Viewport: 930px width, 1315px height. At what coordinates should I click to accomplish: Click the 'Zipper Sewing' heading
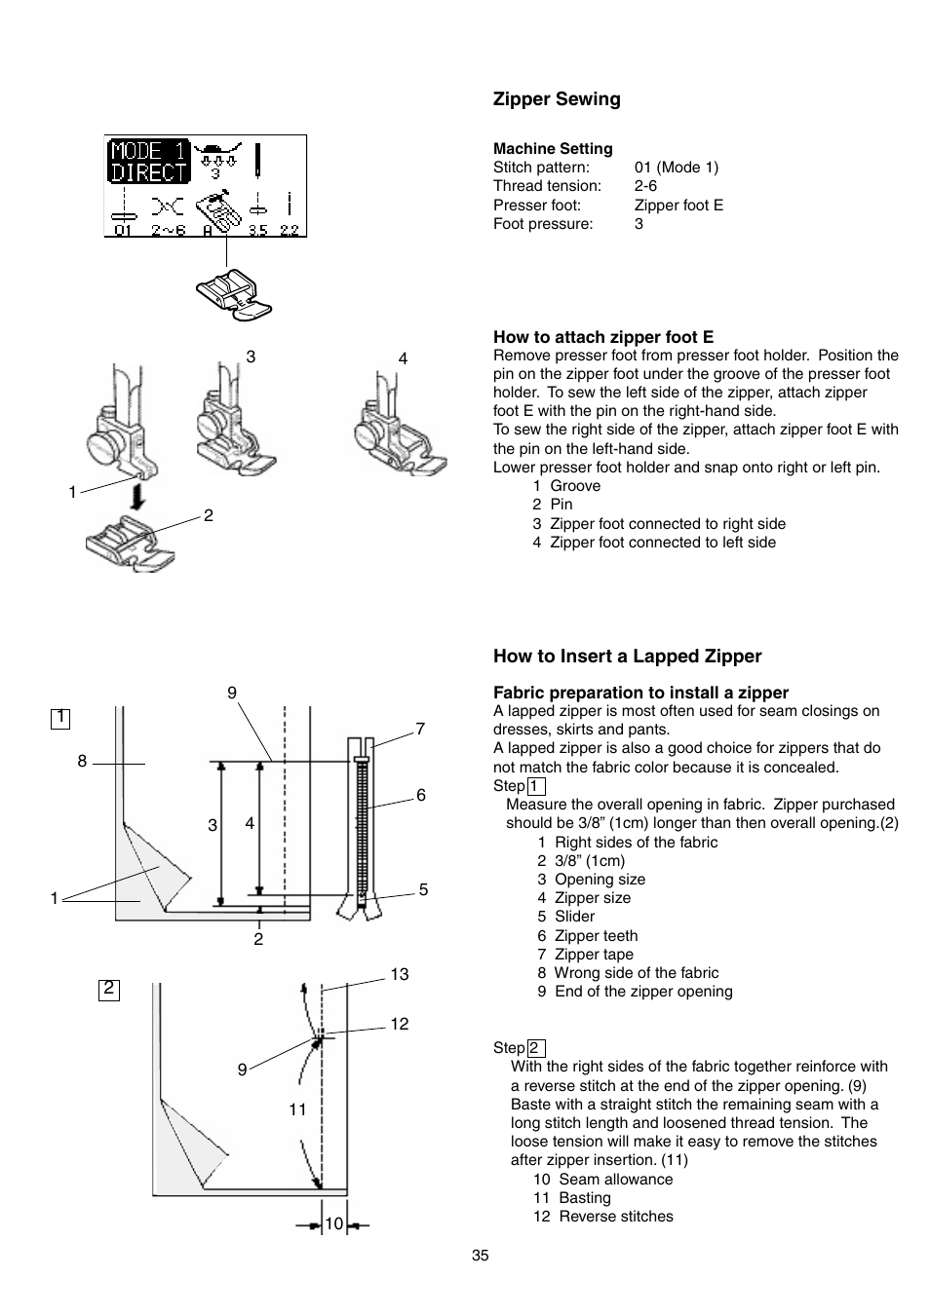(556, 99)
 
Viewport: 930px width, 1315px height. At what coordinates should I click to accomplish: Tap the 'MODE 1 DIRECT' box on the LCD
(147, 162)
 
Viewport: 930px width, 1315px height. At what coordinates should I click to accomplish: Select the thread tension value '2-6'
(645, 186)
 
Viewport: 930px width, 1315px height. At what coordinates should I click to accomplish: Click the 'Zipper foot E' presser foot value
(678, 206)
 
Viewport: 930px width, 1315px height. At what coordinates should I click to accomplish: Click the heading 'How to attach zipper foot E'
(602, 337)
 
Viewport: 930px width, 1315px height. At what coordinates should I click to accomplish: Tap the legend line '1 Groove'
(566, 486)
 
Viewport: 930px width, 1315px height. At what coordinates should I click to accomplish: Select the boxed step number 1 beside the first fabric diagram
(60, 718)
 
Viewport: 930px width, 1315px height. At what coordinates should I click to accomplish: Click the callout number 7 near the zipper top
(420, 729)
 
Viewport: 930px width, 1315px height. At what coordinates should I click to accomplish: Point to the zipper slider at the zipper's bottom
(361, 905)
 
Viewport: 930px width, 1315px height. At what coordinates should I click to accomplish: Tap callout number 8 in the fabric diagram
(83, 762)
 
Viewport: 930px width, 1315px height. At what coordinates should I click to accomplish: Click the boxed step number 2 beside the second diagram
(108, 989)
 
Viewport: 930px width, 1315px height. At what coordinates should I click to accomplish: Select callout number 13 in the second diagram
(400, 974)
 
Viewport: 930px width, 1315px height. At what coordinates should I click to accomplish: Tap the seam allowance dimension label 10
(334, 1224)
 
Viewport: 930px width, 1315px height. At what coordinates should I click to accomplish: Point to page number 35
(480, 1256)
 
